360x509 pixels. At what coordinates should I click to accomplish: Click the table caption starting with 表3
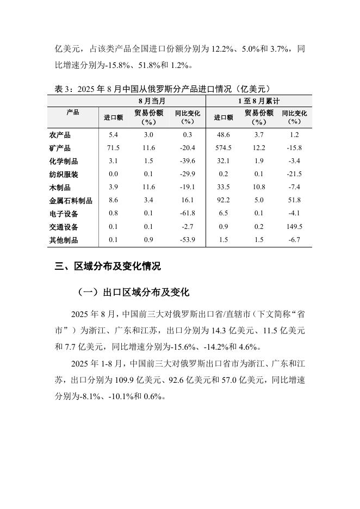[163, 89]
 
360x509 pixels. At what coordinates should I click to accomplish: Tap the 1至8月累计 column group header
[259, 101]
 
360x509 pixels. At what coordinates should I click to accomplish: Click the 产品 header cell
[72, 113]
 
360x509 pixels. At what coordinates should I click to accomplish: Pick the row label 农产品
[60, 135]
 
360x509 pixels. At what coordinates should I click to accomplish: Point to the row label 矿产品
[60, 148]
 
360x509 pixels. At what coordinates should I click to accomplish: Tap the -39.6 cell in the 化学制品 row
[188, 162]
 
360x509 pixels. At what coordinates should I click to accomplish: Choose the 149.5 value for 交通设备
[294, 227]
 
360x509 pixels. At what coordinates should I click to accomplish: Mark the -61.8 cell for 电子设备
[188, 214]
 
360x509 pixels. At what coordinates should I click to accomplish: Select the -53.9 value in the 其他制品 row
[188, 240]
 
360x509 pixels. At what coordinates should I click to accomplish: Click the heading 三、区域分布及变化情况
[108, 266]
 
